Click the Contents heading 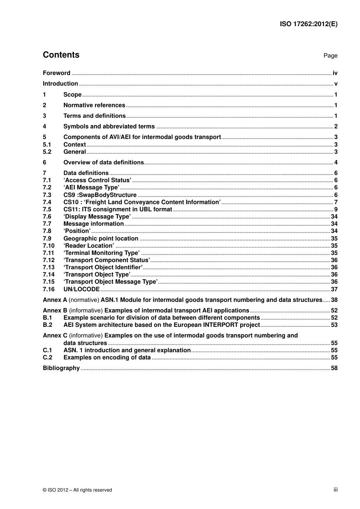61,55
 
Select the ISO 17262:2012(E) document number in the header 308,24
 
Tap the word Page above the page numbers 330,56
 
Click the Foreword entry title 56,73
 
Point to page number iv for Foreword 335,73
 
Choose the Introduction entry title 60,84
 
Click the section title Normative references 94,105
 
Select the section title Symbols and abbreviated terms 109,126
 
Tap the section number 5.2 47,152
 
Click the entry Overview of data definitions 103,162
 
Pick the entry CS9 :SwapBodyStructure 100,195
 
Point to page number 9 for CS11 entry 336,209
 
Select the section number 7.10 49,246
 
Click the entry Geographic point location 101,239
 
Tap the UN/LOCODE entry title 81,289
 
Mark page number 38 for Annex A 334,300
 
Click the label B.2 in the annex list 47,325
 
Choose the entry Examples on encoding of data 107,358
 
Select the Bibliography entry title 61,368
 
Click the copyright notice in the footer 77,490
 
